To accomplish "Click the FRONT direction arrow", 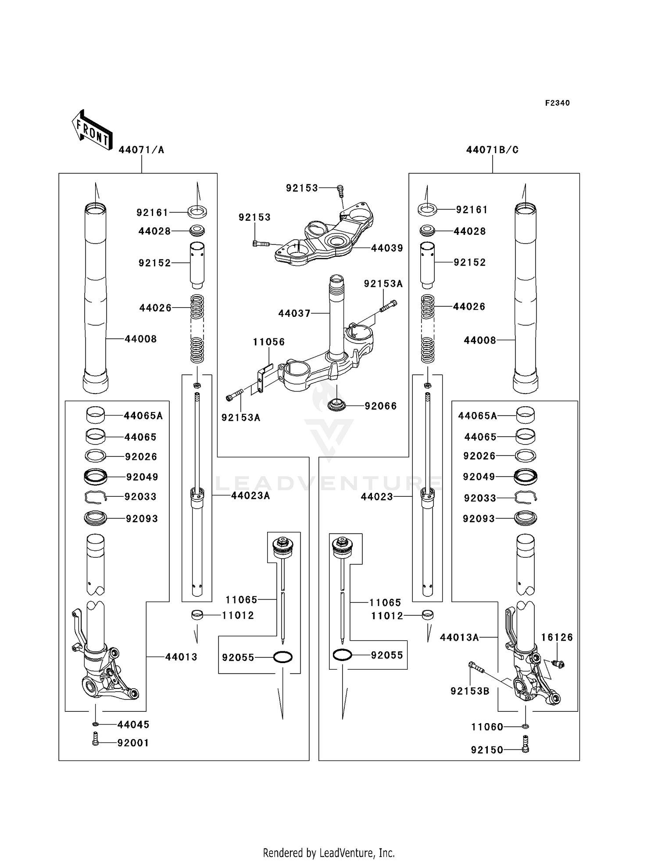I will coord(92,130).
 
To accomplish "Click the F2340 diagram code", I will coord(557,103).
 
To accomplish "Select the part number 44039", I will coord(386,248).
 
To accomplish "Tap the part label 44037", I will coord(294,313).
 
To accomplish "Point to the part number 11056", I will coord(268,342).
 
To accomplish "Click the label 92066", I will coord(380,406).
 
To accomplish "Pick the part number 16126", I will coord(557,637).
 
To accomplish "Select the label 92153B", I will coord(469,691).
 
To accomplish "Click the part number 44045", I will coord(133,725).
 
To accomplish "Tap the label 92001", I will coord(133,743).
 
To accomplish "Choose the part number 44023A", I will coord(250,496).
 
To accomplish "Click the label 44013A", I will coord(459,638).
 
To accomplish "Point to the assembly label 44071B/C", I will coord(492,150).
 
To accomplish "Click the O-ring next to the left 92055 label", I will coord(283,657).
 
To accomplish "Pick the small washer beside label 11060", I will coord(526,727).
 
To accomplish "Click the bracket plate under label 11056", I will coord(262,379).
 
